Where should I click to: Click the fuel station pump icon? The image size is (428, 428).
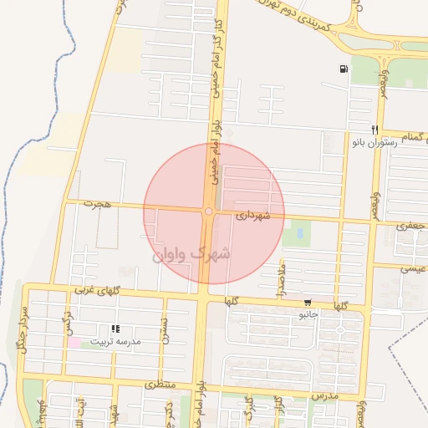(x=344, y=69)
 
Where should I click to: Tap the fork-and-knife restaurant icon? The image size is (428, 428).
(x=375, y=130)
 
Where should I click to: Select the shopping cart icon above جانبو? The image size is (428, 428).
(x=308, y=303)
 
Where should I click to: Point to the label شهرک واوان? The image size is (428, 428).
(x=191, y=253)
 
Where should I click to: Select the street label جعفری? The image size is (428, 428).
(x=410, y=226)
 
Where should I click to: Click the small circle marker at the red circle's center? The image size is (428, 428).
(x=207, y=211)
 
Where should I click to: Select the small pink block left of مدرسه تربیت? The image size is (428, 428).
(x=74, y=342)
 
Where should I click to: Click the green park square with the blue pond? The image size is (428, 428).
(x=293, y=235)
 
